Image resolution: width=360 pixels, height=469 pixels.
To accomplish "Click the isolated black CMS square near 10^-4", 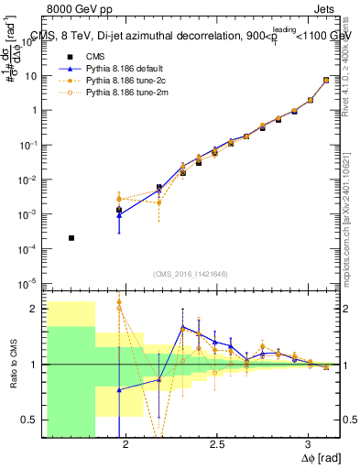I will pyautogui.click(x=71, y=238).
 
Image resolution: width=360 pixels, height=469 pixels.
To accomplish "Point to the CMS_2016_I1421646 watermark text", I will pyautogui.click(x=191, y=273).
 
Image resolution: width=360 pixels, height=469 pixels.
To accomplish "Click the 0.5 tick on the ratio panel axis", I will pyautogui.click(x=34, y=420).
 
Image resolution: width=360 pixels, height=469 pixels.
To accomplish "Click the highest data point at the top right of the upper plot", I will pyautogui.click(x=326, y=80).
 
